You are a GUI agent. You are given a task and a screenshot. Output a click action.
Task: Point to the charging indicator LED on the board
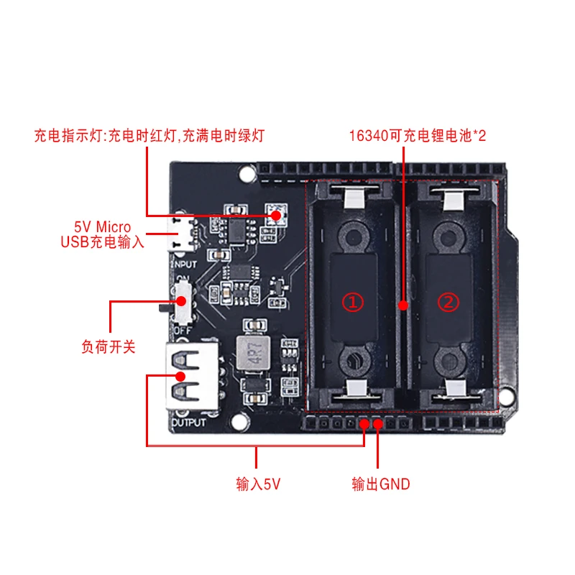point(276,213)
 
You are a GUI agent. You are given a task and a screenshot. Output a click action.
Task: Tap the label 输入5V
point(257,484)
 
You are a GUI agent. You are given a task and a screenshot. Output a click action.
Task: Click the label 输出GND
point(380,484)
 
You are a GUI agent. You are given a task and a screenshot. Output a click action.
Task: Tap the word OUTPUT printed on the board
point(188,422)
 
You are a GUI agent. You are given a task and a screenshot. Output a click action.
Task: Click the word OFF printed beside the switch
point(182,330)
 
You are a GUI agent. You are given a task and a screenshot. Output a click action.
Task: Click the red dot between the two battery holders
point(404,305)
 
